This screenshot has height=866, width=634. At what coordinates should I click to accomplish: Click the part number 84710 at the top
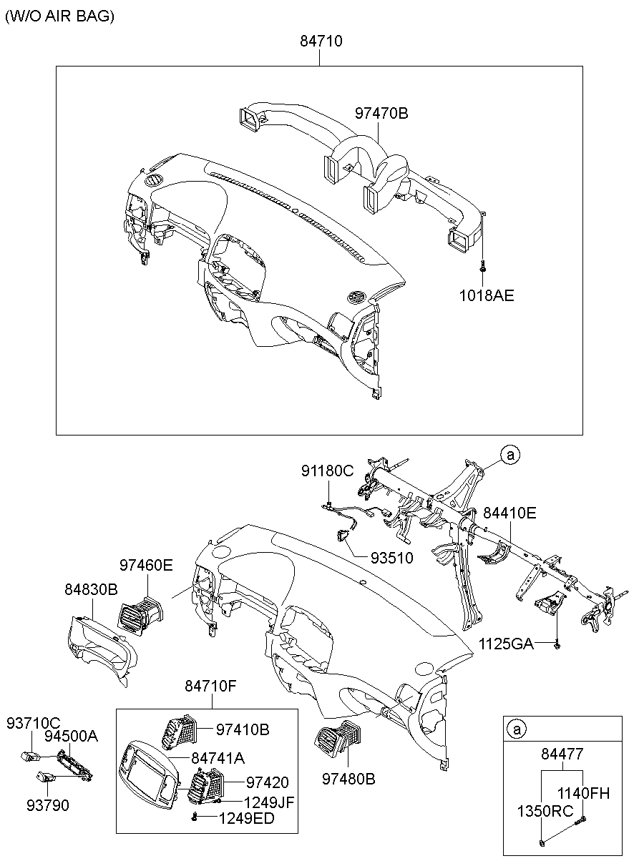click(x=321, y=41)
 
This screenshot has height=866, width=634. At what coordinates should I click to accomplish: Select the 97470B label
click(x=381, y=112)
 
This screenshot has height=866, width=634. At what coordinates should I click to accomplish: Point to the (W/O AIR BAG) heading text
click(x=60, y=16)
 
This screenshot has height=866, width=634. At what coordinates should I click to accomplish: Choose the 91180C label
click(x=327, y=471)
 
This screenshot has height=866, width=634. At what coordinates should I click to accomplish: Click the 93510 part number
click(x=391, y=557)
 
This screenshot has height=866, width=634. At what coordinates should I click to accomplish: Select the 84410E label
click(x=509, y=513)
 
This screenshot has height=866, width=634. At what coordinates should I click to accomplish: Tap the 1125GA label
click(x=506, y=644)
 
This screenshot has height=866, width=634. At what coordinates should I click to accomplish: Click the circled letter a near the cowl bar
click(x=509, y=454)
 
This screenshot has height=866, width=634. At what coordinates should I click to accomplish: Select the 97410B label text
click(x=243, y=729)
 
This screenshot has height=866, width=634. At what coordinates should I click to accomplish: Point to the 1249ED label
click(x=246, y=818)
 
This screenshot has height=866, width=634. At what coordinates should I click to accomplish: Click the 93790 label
click(x=49, y=805)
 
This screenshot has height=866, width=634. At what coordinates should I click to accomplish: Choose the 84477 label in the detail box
click(x=562, y=753)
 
